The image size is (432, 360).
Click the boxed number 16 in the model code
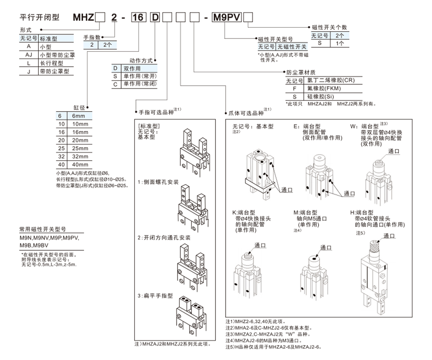click(x=137, y=17)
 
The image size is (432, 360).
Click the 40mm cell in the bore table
click(x=80, y=165)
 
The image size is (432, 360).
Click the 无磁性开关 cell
click(x=292, y=47)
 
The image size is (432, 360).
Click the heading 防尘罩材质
click(x=298, y=72)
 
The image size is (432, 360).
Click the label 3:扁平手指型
click(x=155, y=296)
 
